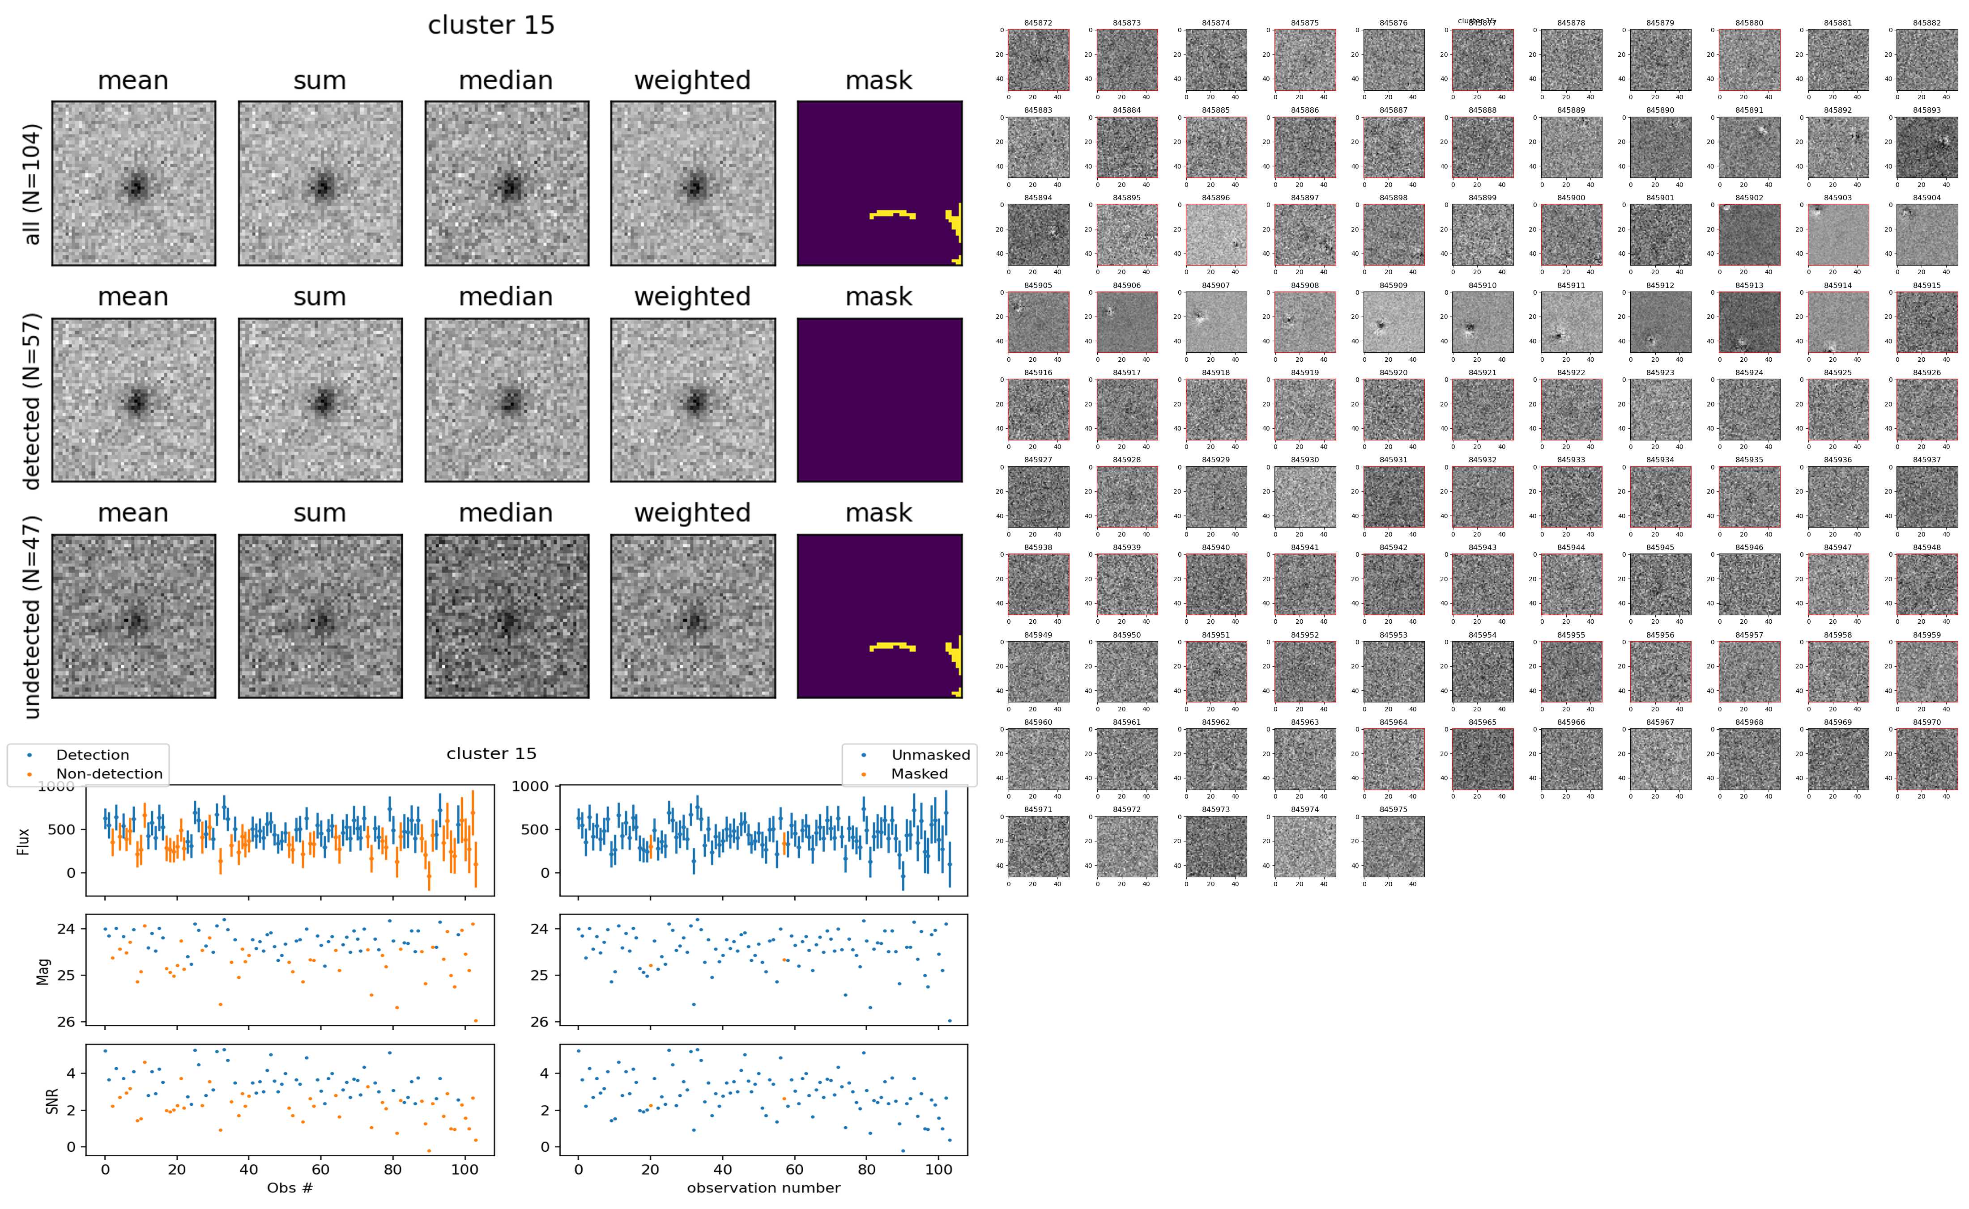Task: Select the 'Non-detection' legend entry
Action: pyautogui.click(x=109, y=774)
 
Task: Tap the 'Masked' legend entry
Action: pyautogui.click(x=919, y=774)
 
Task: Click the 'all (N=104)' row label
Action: pyautogui.click(x=32, y=184)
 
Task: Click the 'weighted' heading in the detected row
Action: pyautogui.click(x=692, y=296)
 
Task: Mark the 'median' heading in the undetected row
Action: pyautogui.click(x=506, y=512)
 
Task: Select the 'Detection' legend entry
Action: pyautogui.click(x=92, y=755)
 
